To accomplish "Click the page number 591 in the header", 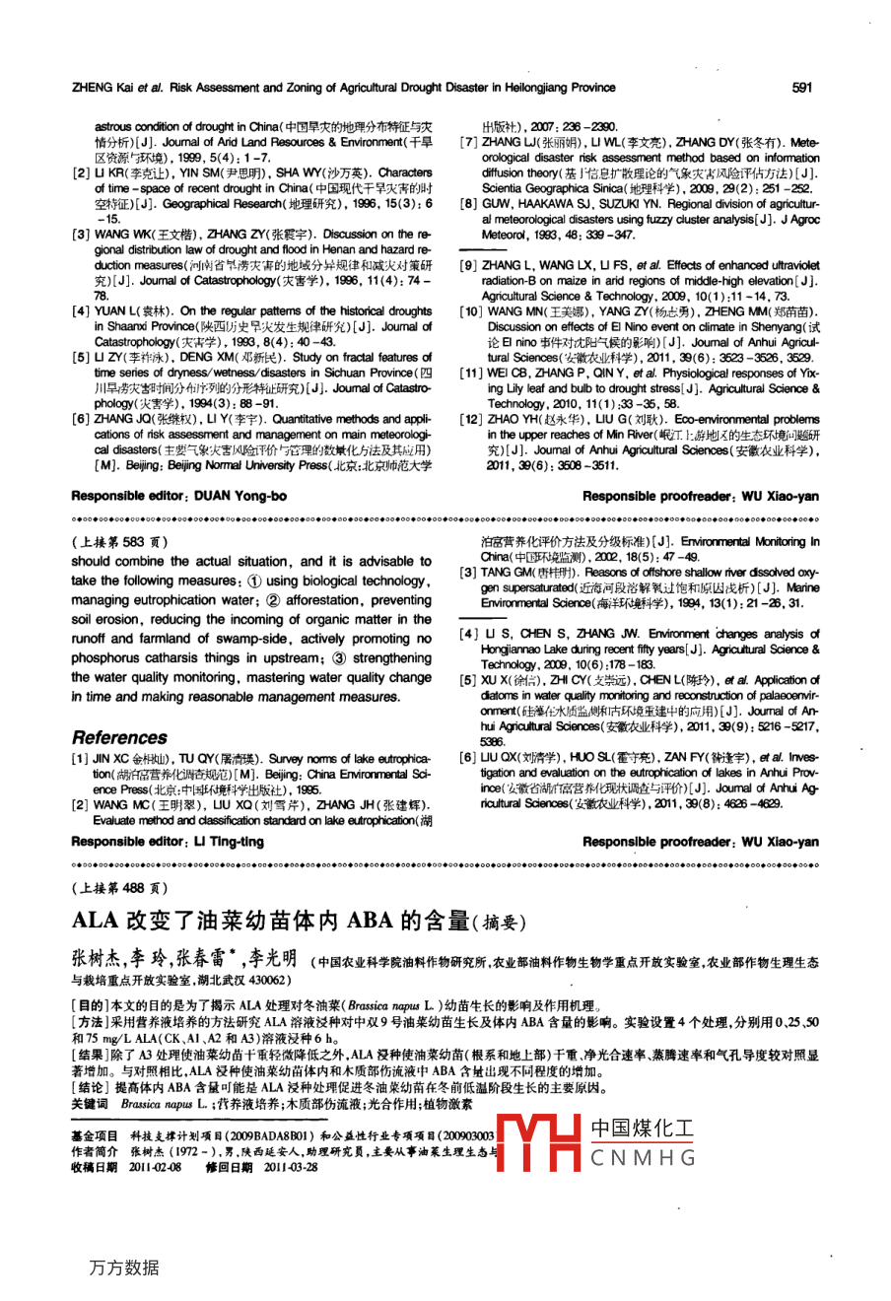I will [x=801, y=88].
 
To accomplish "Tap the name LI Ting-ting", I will [x=229, y=841].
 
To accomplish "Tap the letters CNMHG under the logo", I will [x=642, y=1158].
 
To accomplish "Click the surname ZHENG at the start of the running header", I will [x=93, y=88].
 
